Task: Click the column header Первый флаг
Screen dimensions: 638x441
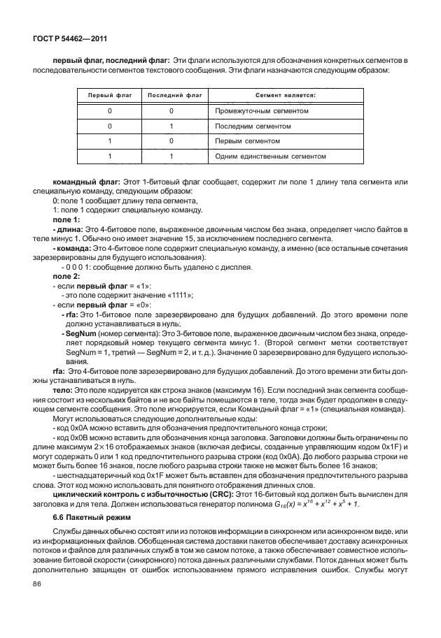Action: [108, 94]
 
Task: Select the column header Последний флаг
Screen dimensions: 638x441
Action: [171, 94]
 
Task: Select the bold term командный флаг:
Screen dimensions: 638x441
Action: [87, 182]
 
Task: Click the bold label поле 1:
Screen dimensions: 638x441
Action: [66, 219]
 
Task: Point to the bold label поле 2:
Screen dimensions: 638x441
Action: [66, 277]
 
